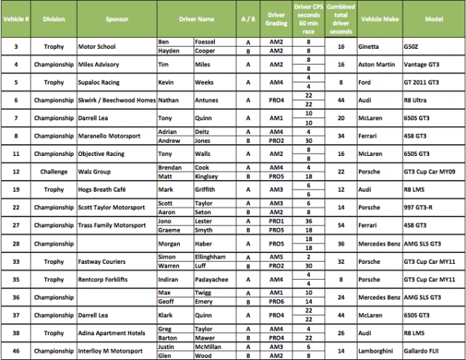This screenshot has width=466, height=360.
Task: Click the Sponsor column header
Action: click(x=116, y=19)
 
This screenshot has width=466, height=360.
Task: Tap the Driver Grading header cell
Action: click(x=276, y=19)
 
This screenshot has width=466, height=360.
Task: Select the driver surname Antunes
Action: click(x=208, y=100)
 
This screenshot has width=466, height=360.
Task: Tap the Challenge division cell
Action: click(x=53, y=171)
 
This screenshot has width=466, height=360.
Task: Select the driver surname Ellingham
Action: click(x=214, y=257)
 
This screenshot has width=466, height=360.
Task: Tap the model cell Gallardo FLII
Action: click(x=424, y=350)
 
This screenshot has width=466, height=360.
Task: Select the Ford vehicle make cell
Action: click(x=366, y=82)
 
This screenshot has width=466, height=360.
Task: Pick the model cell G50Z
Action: click(x=413, y=46)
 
